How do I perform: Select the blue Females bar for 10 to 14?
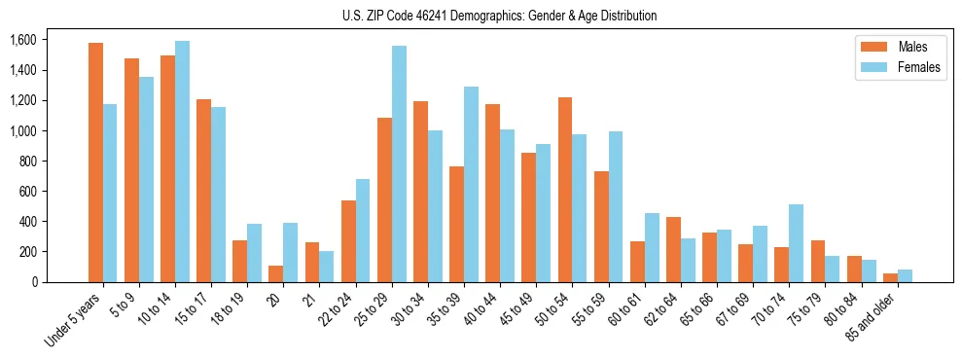(182, 162)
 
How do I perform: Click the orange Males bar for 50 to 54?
(565, 190)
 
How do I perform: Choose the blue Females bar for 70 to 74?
(797, 243)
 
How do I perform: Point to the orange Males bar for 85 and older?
(890, 277)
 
